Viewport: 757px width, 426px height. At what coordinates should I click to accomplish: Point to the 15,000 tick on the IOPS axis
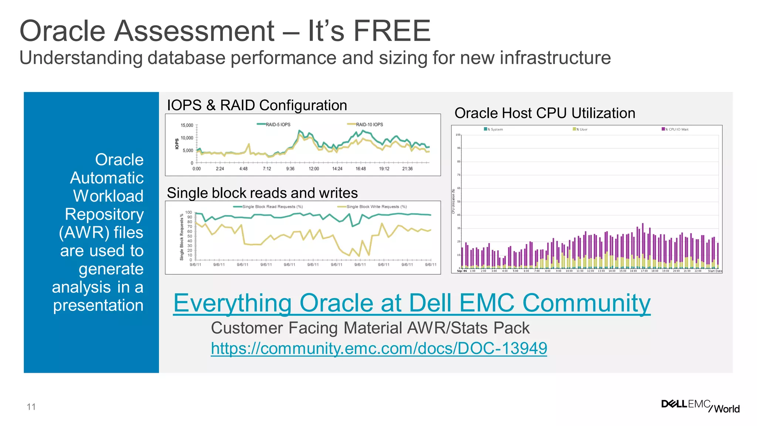[x=187, y=125]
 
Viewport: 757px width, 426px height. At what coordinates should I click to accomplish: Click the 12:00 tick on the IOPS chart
[x=314, y=169]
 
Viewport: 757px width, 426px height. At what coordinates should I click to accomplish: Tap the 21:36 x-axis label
[x=407, y=169]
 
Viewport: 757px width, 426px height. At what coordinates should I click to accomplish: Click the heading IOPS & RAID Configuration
[x=257, y=105]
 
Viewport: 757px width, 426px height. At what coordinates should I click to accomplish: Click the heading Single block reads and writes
[x=262, y=193]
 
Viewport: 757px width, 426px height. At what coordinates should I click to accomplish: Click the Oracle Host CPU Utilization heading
[x=544, y=113]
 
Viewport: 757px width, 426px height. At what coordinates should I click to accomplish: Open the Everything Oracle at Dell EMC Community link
[x=412, y=303]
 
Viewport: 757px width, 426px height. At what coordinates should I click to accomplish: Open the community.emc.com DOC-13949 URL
[x=379, y=348]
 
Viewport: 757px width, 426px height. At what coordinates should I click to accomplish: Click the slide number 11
[x=31, y=407]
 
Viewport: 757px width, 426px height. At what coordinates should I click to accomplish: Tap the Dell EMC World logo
[x=700, y=406]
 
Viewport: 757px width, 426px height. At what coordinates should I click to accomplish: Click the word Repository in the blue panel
[x=104, y=214]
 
